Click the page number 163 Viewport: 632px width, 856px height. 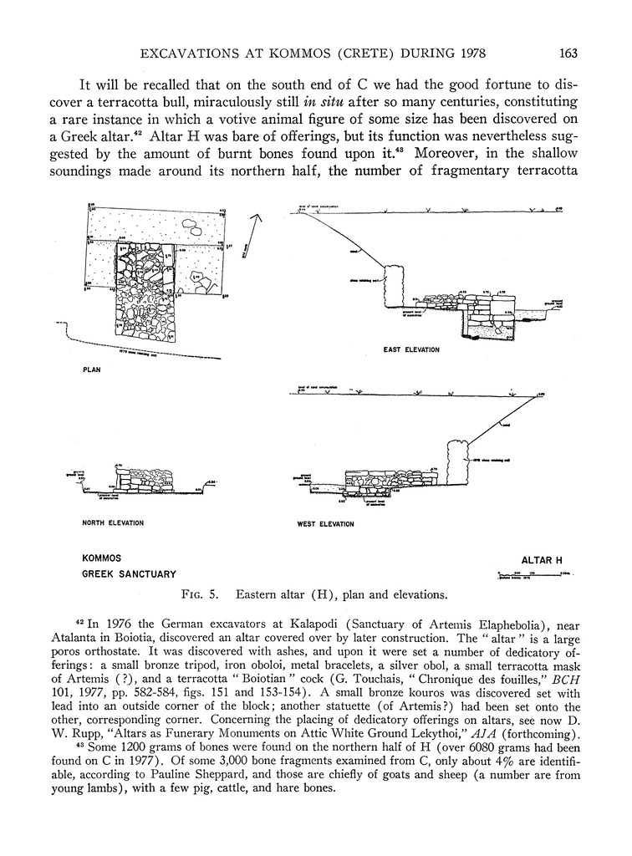coord(568,54)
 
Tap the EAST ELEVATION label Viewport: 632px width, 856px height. coord(411,349)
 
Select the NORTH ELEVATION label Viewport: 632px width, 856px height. coord(113,523)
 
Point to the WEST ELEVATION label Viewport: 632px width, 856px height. coord(326,524)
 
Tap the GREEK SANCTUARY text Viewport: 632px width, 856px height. coord(128,574)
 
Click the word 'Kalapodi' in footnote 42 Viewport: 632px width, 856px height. coord(300,624)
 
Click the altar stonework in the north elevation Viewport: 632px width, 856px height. coord(146,479)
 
